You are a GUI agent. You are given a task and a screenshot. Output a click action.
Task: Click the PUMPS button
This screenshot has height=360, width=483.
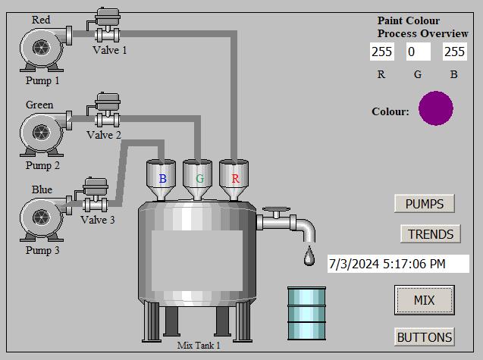(424, 204)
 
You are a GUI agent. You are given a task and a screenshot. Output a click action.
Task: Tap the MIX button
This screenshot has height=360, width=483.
(424, 300)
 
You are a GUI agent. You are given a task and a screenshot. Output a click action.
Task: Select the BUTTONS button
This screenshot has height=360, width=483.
(424, 337)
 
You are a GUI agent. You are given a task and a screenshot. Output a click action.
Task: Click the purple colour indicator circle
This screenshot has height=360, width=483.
(436, 108)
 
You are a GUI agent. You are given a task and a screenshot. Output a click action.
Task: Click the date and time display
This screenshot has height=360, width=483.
(398, 264)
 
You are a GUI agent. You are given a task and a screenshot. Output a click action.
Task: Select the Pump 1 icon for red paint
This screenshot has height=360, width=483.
(43, 47)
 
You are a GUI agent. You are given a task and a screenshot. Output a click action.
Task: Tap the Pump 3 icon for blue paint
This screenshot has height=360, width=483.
(43, 217)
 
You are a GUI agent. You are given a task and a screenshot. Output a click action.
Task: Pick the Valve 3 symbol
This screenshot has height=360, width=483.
(96, 196)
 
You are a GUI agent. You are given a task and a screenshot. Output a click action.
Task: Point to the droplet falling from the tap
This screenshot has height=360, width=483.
(309, 256)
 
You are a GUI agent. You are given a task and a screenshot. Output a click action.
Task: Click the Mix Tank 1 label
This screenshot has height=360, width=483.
(199, 346)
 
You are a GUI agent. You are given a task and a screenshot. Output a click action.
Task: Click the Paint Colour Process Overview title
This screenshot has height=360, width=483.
(422, 27)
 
